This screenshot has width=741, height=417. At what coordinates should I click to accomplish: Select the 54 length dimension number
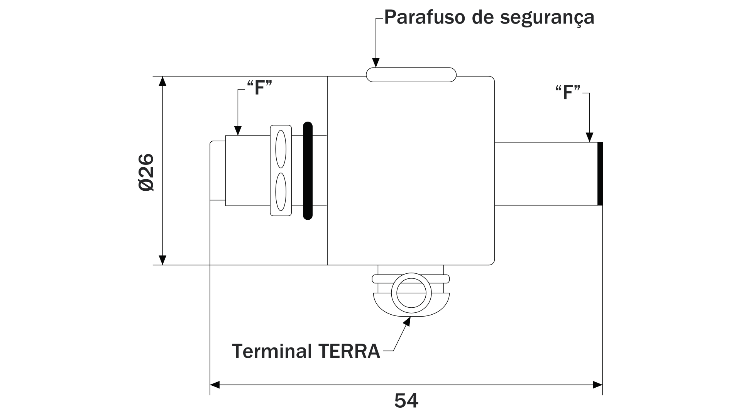[x=406, y=400]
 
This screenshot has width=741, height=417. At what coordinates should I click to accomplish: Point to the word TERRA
[x=349, y=351]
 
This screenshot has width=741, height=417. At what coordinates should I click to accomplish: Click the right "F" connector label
[x=568, y=93]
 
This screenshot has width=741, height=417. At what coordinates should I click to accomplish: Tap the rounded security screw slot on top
[x=411, y=75]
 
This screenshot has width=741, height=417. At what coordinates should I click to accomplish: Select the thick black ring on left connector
[x=308, y=171]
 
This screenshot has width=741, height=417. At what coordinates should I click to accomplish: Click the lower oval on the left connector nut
[x=281, y=191]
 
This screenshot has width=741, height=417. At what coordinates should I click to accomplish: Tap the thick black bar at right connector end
[x=600, y=174]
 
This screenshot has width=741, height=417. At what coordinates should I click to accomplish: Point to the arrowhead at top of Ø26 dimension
[x=162, y=81]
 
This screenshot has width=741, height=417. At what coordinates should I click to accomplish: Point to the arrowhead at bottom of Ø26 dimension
[x=162, y=260]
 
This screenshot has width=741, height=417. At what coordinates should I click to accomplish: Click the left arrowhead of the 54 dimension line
[x=215, y=385]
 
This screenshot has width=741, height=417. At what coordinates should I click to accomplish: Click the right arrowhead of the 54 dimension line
[x=597, y=385]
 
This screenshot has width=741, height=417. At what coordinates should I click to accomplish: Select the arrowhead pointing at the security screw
[x=376, y=63]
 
